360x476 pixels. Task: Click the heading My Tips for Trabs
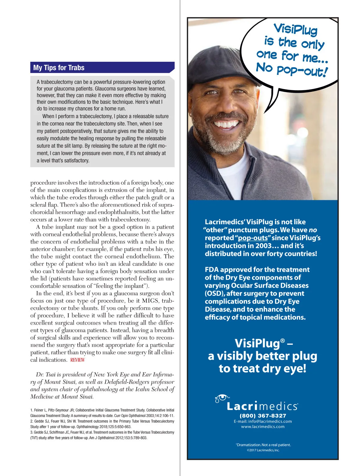pyautogui.click(x=59, y=68)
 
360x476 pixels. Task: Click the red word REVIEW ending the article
pyautogui.click(x=77, y=360)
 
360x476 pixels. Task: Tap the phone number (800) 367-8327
pyautogui.click(x=263, y=416)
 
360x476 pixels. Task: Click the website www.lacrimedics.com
pyautogui.click(x=263, y=427)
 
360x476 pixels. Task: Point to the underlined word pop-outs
pyautogui.click(x=253, y=238)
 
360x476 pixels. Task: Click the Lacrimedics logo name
pyautogui.click(x=262, y=406)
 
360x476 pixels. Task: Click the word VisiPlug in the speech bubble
pyautogui.click(x=295, y=29)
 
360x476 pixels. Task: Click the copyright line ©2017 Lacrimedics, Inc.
pyautogui.click(x=263, y=450)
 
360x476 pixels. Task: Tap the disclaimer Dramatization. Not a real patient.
pyautogui.click(x=263, y=445)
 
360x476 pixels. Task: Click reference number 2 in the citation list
pyautogui.click(x=31, y=421)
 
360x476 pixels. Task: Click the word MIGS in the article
pyautogui.click(x=150, y=301)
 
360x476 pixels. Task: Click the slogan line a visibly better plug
pyautogui.click(x=262, y=356)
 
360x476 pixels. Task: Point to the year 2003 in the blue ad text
pyautogui.click(x=263, y=246)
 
